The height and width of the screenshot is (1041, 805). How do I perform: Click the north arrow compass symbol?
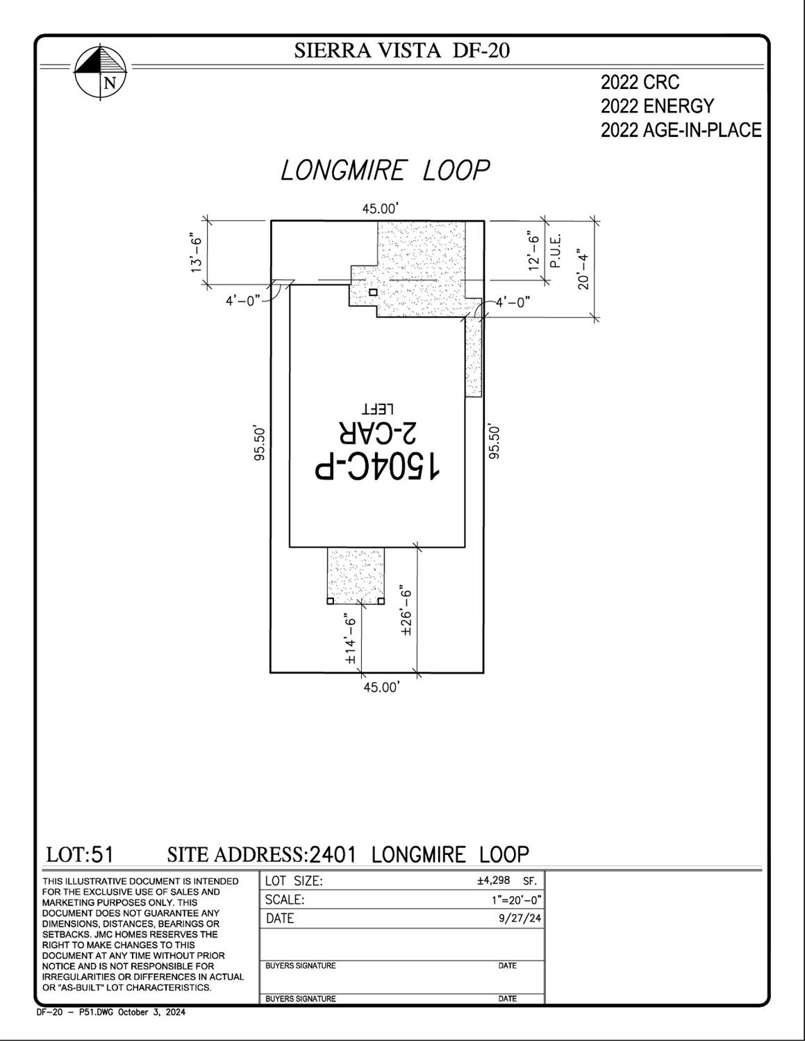101,73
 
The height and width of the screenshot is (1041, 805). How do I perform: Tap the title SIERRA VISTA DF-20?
401,50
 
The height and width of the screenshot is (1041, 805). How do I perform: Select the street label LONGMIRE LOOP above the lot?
385,170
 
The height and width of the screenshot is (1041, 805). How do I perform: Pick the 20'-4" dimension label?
583,268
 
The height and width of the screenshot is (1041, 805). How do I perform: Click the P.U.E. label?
556,251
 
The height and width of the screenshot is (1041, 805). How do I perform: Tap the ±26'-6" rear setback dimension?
406,610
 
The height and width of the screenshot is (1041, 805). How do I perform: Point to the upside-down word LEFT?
378,409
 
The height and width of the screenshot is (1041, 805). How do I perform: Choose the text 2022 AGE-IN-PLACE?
681,130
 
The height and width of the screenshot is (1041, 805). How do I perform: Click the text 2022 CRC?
640,83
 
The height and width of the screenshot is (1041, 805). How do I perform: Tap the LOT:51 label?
80,855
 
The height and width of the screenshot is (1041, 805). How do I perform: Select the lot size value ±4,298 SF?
507,881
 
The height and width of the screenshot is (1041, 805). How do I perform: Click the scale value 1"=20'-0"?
516,900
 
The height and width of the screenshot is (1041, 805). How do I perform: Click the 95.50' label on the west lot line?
259,444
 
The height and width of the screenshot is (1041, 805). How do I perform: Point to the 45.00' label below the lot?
381,688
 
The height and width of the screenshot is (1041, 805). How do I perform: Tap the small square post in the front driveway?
373,292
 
